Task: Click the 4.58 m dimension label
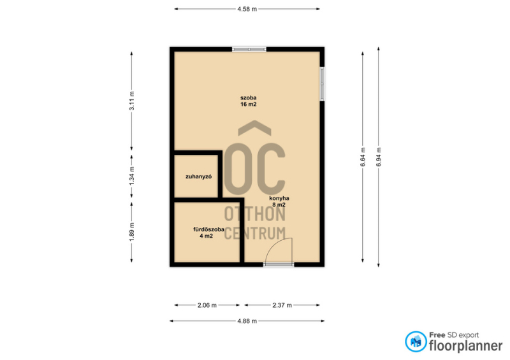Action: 247,9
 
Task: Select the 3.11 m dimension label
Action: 132,101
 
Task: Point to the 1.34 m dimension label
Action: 132,176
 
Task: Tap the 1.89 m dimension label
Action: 132,231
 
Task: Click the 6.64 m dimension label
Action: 363,157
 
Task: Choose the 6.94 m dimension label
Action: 379,157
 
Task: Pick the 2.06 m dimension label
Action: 207,305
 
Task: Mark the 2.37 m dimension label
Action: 282,305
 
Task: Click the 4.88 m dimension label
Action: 247,321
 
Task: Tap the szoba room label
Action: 249,97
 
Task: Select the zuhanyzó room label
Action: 199,176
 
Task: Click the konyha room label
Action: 279,198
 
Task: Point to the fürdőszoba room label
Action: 208,229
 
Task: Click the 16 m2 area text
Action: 249,104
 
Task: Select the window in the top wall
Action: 249,50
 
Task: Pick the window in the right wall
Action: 322,84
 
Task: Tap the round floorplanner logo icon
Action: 416,342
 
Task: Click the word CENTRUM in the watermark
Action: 255,233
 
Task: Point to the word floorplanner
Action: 466,346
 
